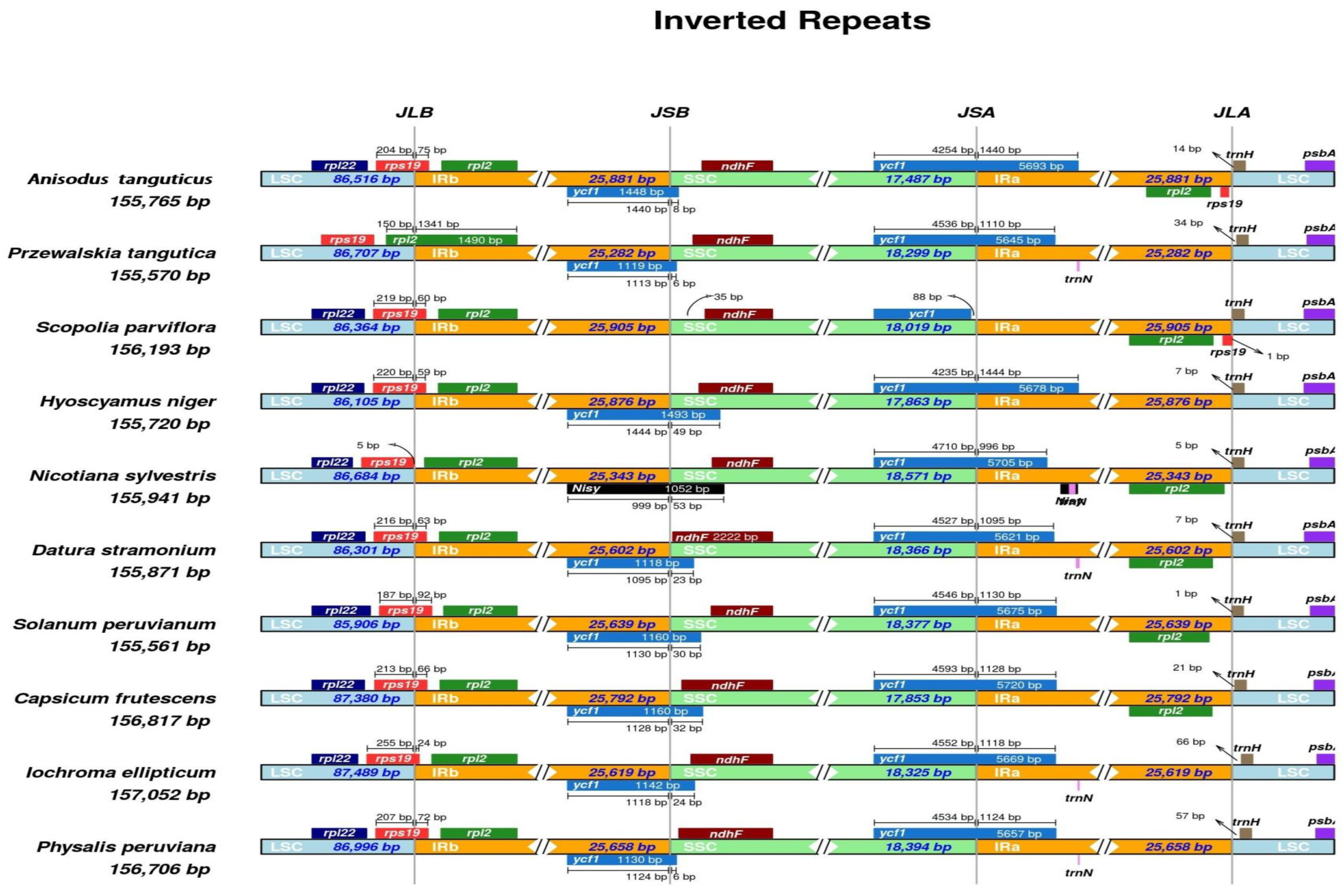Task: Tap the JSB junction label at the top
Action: point(670,112)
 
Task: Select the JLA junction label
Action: point(1232,112)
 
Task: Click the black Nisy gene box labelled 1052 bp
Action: point(645,489)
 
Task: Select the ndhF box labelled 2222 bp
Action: point(722,536)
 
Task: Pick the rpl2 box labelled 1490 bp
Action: point(451,240)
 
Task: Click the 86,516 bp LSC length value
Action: point(366,179)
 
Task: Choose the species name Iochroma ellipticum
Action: point(121,772)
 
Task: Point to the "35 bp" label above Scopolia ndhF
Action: point(728,297)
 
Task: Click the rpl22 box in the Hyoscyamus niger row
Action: point(338,388)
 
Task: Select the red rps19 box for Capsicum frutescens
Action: point(400,685)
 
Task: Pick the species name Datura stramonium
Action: point(124,550)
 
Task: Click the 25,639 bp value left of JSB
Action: point(622,624)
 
